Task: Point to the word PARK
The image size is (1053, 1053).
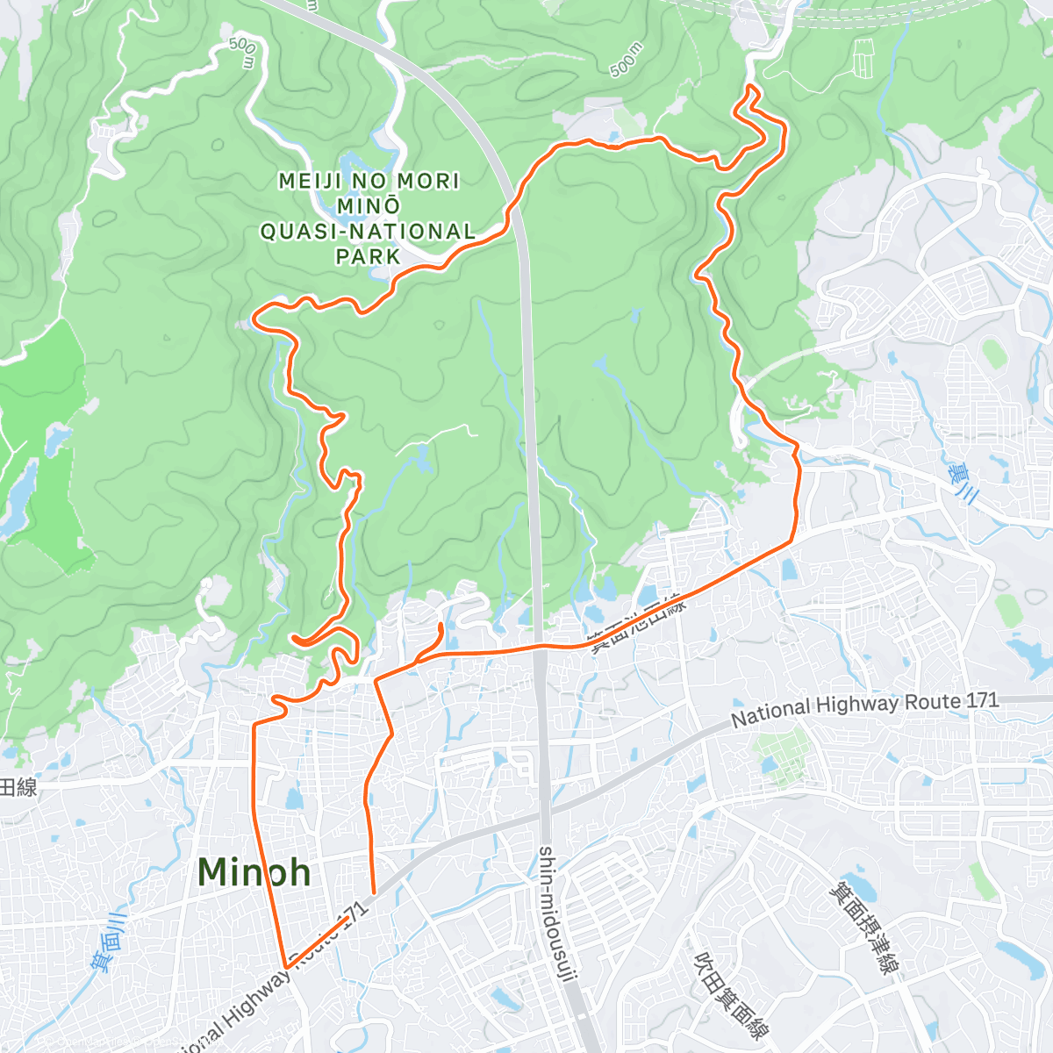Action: tap(369, 257)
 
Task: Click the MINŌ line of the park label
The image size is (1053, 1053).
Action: tap(369, 206)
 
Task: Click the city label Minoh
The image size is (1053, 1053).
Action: tap(254, 872)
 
